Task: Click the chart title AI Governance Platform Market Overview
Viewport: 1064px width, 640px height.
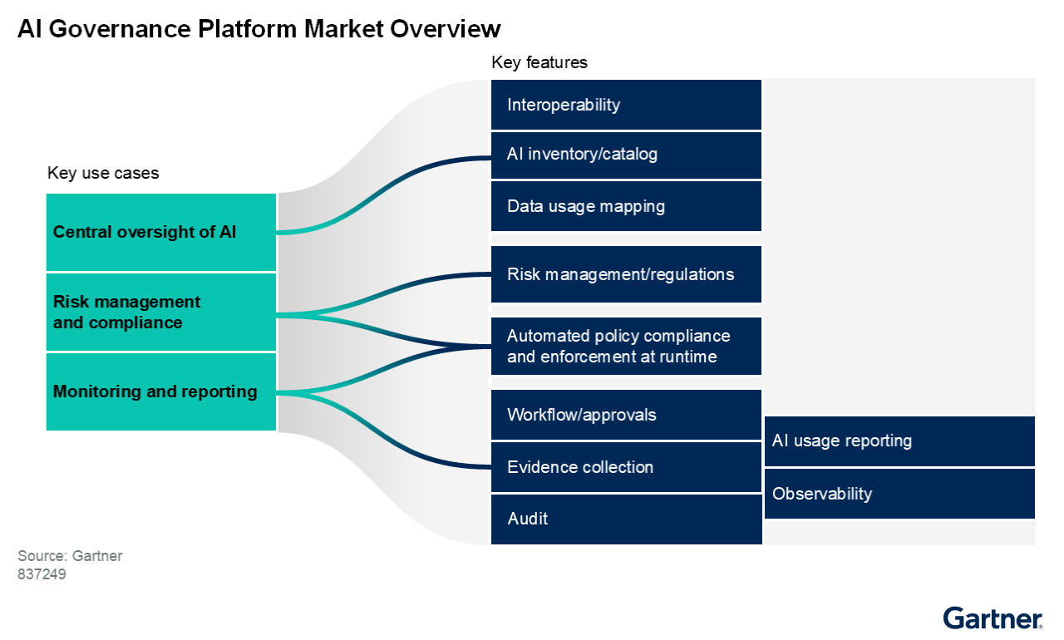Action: pyautogui.click(x=259, y=29)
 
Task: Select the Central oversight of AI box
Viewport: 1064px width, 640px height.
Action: pyautogui.click(x=160, y=232)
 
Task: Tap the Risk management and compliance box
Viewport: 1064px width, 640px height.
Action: pyautogui.click(x=160, y=312)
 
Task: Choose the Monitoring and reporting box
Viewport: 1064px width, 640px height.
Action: pyautogui.click(x=160, y=391)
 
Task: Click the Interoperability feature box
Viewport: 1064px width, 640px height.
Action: pyautogui.click(x=626, y=105)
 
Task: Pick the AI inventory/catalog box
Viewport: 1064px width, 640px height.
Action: pyautogui.click(x=626, y=155)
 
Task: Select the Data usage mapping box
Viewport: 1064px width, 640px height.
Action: pyautogui.click(x=626, y=206)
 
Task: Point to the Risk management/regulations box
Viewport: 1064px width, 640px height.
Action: pyautogui.click(x=626, y=274)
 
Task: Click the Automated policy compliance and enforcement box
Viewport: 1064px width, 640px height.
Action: pyautogui.click(x=626, y=346)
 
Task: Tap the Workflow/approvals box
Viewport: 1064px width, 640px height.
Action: pyautogui.click(x=626, y=414)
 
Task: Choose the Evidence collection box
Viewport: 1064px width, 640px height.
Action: pyautogui.click(x=626, y=467)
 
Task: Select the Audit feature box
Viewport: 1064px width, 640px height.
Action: pyautogui.click(x=626, y=519)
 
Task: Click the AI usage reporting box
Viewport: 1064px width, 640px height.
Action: pyautogui.click(x=899, y=441)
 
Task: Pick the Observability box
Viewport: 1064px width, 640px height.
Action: pyautogui.click(x=899, y=494)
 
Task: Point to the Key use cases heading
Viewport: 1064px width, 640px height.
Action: pyautogui.click(x=103, y=173)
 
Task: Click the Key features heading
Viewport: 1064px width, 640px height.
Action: pyautogui.click(x=539, y=62)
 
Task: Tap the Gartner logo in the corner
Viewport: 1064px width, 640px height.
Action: pyautogui.click(x=993, y=618)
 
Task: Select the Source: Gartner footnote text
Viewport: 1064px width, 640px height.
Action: pyautogui.click(x=70, y=556)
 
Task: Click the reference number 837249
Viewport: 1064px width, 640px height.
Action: pyautogui.click(x=42, y=574)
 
